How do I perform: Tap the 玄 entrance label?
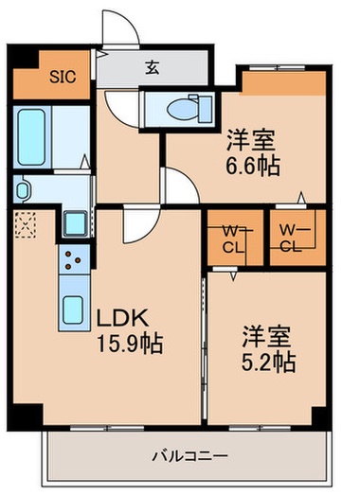coord(152,67)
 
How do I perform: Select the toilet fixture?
coord(181,109)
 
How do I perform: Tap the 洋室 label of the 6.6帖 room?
coord(251,144)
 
